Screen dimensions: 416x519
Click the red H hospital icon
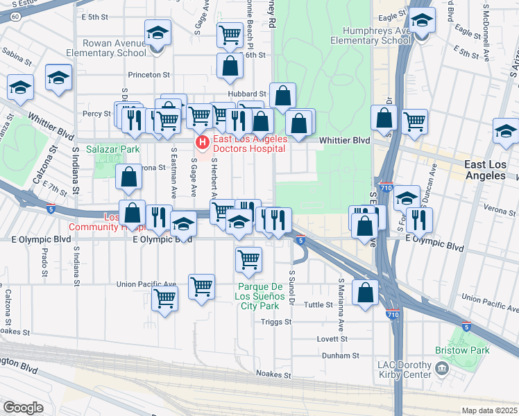(202, 143)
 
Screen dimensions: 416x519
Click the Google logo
(23, 408)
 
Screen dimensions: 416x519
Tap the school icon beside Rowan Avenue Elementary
(158, 34)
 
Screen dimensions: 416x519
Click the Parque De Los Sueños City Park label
(267, 296)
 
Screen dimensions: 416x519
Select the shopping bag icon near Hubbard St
(282, 97)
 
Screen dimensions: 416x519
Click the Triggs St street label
(276, 322)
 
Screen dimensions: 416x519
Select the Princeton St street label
(148, 74)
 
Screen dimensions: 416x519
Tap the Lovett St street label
(334, 339)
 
